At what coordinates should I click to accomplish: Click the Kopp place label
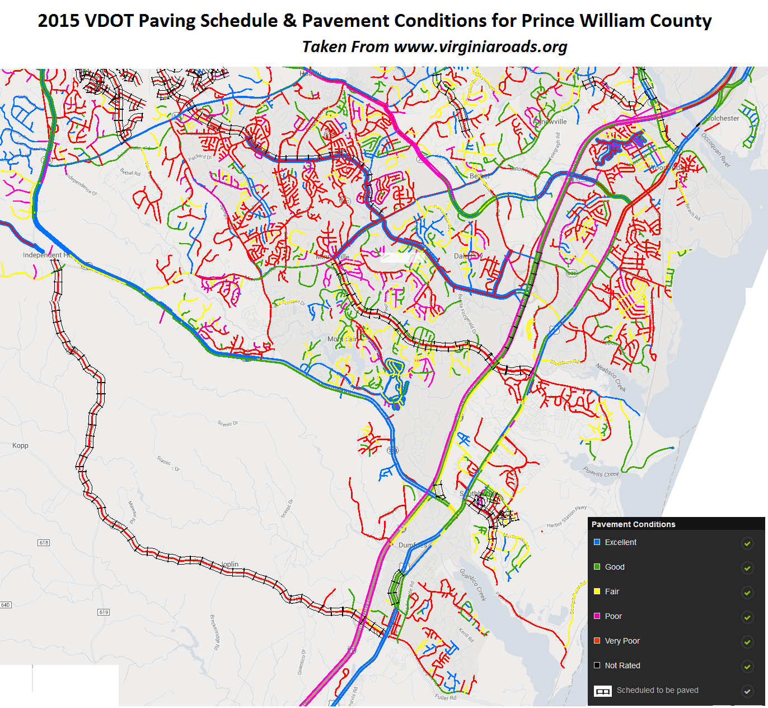point(20,446)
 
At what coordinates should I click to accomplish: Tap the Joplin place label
point(230,564)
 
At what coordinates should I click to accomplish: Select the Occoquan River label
point(716,150)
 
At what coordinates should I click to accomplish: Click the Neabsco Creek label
point(611,377)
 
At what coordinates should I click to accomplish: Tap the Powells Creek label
point(601,472)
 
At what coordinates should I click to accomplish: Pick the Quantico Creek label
point(473,585)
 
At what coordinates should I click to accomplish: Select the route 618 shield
point(44,543)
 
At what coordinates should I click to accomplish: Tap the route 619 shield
point(104,612)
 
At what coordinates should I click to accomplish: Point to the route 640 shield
point(6,605)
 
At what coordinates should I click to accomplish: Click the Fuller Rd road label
point(446,697)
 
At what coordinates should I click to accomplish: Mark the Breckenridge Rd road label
point(214,632)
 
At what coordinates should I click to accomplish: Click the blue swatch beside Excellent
point(597,542)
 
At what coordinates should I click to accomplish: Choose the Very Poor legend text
point(622,641)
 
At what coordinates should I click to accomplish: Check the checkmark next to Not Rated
point(747,666)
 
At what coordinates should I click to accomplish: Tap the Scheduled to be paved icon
point(602,691)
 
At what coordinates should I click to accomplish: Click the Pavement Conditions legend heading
point(633,524)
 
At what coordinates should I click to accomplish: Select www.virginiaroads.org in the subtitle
point(480,46)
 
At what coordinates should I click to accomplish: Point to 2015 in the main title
point(58,21)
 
